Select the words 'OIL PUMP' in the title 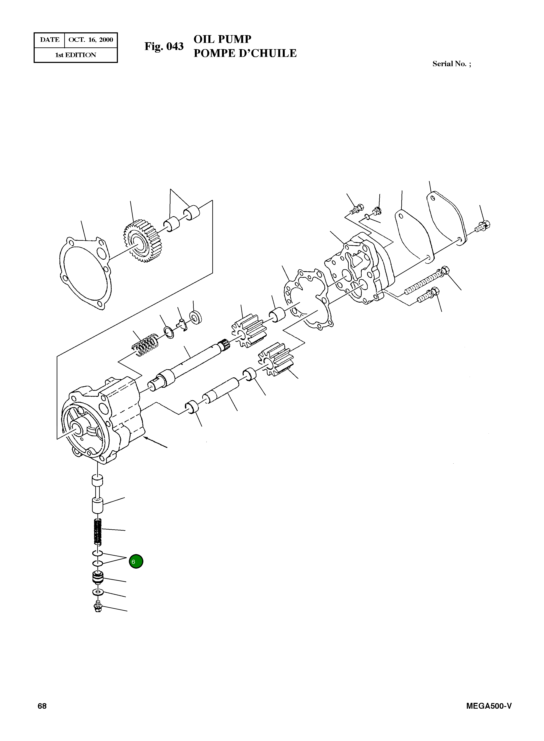(x=222, y=39)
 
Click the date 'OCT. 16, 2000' (x=91, y=40)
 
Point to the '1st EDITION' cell (x=76, y=55)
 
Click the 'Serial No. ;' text (x=452, y=64)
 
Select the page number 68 (x=42, y=706)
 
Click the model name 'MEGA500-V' (x=489, y=706)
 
